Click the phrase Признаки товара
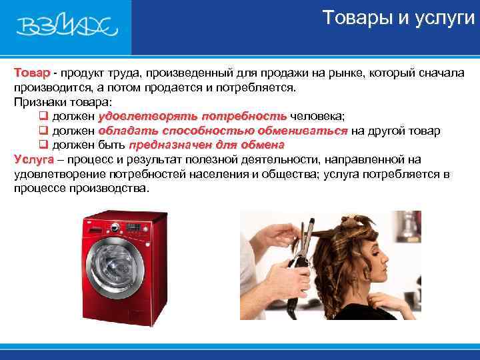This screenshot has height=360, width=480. click(x=63, y=102)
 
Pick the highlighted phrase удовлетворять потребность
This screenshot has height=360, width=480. click(x=193, y=116)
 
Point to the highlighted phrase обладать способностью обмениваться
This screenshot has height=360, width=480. click(x=223, y=131)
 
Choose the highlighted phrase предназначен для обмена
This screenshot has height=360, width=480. click(x=207, y=145)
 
